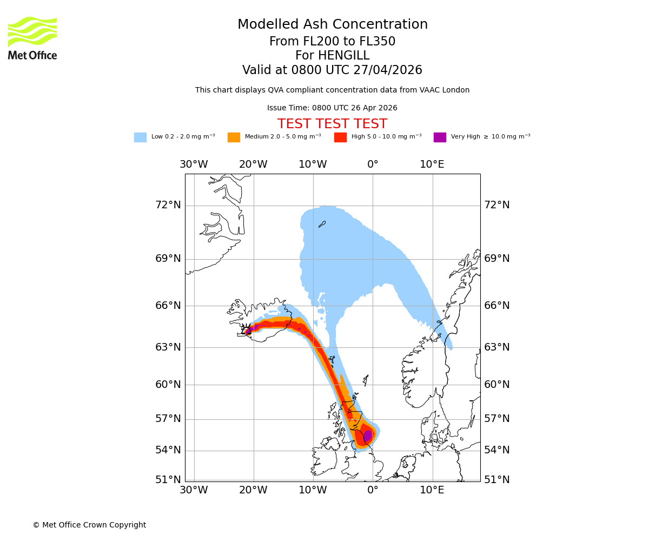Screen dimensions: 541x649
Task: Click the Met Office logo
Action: (32, 38)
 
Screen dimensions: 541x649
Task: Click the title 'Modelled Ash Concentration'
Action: (333, 25)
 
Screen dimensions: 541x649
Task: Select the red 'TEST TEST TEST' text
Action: (332, 124)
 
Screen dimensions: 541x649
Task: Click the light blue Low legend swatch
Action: (140, 137)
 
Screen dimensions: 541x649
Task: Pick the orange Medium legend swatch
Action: (234, 137)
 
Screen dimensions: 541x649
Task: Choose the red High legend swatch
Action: (340, 137)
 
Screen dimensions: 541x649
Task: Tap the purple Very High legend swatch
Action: (440, 137)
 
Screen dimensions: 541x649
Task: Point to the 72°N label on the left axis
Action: (168, 205)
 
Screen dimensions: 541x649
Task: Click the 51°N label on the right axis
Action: (496, 480)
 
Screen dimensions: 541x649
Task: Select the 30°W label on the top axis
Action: (194, 164)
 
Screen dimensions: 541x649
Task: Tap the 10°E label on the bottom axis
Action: (432, 491)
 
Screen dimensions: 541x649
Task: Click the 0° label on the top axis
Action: (373, 164)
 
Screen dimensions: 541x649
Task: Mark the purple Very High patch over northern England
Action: (368, 436)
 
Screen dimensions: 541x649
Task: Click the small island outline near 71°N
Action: (322, 224)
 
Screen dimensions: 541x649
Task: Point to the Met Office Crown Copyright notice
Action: (89, 525)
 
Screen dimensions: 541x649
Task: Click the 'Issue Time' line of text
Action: (332, 108)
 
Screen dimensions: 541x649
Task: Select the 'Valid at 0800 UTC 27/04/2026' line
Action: (332, 70)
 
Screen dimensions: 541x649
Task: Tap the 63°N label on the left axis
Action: (168, 347)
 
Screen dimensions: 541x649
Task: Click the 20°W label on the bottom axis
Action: (253, 491)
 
